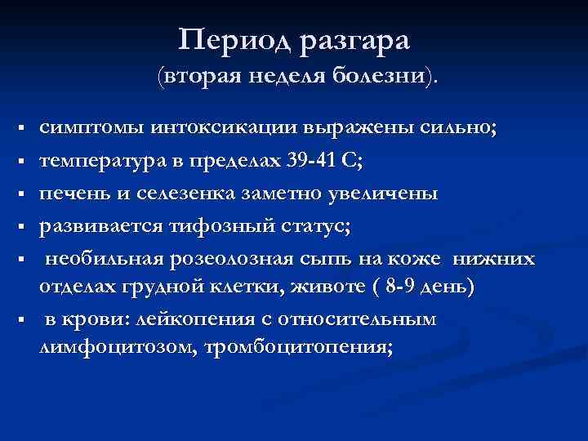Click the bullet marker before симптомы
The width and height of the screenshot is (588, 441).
point(18,131)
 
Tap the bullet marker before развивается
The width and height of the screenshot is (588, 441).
point(18,226)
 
